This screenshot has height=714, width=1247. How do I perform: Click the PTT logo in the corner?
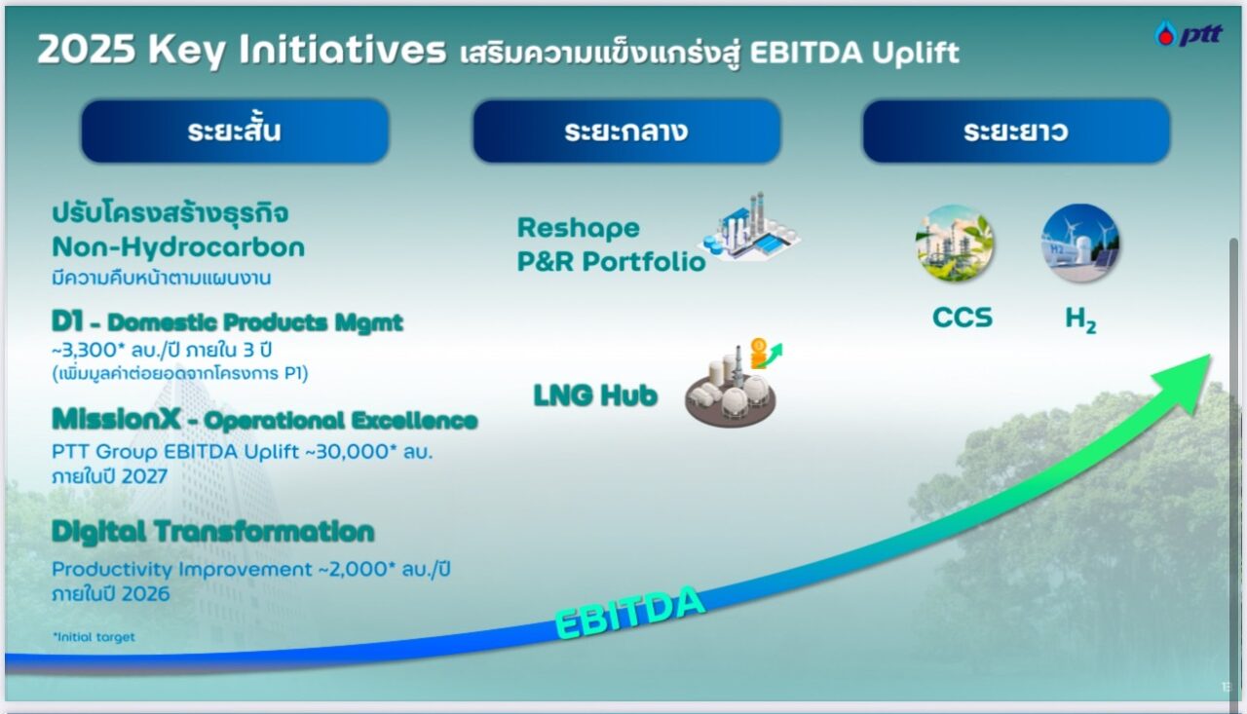pos(1189,34)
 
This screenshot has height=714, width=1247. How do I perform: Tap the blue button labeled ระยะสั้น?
pos(235,132)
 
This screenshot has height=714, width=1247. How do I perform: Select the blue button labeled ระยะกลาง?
pos(626,132)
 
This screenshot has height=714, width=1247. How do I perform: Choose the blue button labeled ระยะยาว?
pos(1016,132)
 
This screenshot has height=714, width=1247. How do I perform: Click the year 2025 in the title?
pos(87,49)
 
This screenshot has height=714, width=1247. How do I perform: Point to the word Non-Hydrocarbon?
pos(178,247)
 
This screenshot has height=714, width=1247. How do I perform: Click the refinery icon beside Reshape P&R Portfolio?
pos(749,227)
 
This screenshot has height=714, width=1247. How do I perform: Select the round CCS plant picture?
pos(954,244)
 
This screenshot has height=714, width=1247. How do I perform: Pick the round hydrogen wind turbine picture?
pos(1080,244)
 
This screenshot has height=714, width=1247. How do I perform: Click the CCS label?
pos(962,318)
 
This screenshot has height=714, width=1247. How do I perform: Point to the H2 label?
pos(1080,320)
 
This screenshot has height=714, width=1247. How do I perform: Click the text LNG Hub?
pos(595,395)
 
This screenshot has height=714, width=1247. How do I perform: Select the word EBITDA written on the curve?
pos(630,612)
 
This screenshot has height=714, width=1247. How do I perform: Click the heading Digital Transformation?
pos(213,532)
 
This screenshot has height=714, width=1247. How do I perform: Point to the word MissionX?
pos(116,419)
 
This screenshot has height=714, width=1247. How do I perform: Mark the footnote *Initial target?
pos(94,637)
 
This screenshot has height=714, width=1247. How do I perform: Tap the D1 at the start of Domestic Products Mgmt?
pos(67,321)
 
